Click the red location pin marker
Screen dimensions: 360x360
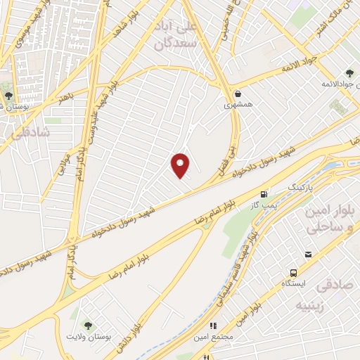tap(181, 165)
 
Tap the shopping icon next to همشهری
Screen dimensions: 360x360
tap(238, 93)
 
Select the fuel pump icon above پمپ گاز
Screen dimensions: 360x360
tap(264, 195)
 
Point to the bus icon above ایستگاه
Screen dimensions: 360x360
tap(292, 273)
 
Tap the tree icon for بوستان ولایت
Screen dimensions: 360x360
tap(87, 325)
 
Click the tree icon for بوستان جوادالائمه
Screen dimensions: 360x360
tap(349, 73)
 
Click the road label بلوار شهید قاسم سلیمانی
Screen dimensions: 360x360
tap(243, 281)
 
